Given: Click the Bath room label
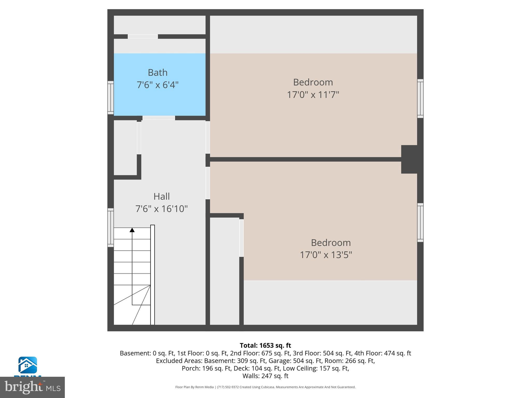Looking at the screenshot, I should (157, 73).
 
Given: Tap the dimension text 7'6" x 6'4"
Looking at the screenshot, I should (157, 85).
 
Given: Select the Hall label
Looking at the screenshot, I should (162, 196).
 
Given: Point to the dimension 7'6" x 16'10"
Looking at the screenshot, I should (161, 209).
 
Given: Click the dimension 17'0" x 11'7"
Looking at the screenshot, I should (313, 95).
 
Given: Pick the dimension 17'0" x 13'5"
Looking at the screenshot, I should (326, 255).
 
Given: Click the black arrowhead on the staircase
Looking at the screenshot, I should (132, 230).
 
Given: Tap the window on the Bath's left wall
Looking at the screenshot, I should (111, 97).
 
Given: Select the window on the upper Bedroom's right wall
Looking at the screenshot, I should (420, 98).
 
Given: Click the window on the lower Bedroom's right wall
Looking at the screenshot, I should (420, 223).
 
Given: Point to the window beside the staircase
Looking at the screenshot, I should (111, 228).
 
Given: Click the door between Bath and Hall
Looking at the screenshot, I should (159, 118).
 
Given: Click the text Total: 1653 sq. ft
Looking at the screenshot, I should (265, 345).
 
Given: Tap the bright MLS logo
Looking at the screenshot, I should (32, 387).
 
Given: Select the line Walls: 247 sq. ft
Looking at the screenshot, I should (265, 376).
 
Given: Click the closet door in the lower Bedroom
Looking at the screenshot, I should (241, 238).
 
